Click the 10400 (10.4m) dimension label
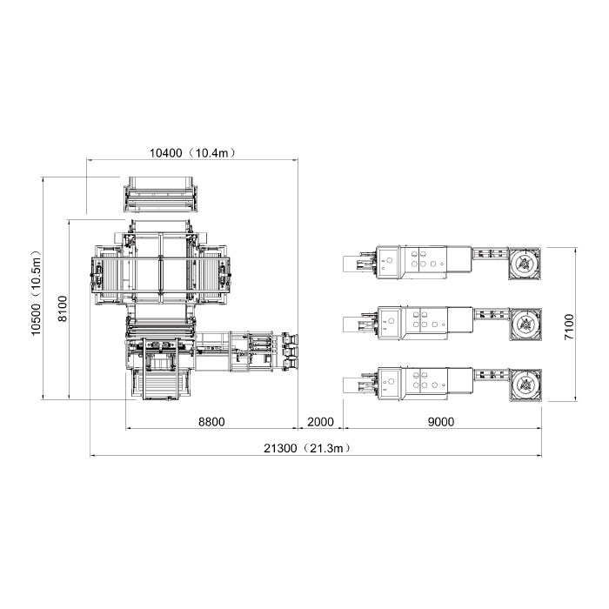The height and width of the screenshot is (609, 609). tap(192, 152)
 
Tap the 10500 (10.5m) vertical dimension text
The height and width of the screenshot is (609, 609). tap(37, 293)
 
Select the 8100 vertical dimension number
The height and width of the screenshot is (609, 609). tap(62, 309)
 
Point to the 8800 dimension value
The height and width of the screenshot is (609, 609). tap(211, 421)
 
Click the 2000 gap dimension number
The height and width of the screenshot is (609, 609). tap(320, 421)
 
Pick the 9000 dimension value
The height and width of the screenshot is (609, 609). tap(441, 421)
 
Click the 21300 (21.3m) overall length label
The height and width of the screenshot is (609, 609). tap(307, 448)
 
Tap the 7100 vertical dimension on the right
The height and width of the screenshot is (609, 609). tap(569, 326)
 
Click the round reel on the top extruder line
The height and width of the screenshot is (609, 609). tap(525, 263)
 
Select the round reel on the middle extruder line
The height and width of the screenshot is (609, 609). tap(525, 325)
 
